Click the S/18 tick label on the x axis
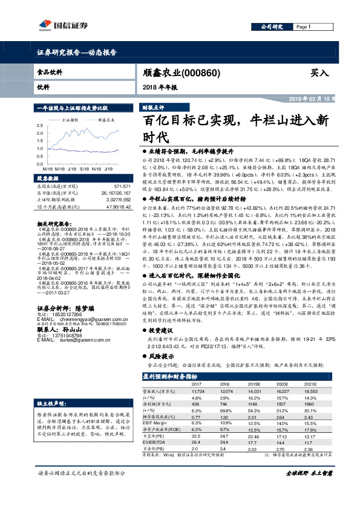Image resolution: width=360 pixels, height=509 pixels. coord(83,170)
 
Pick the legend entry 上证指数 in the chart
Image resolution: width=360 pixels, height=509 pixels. coord(71,120)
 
